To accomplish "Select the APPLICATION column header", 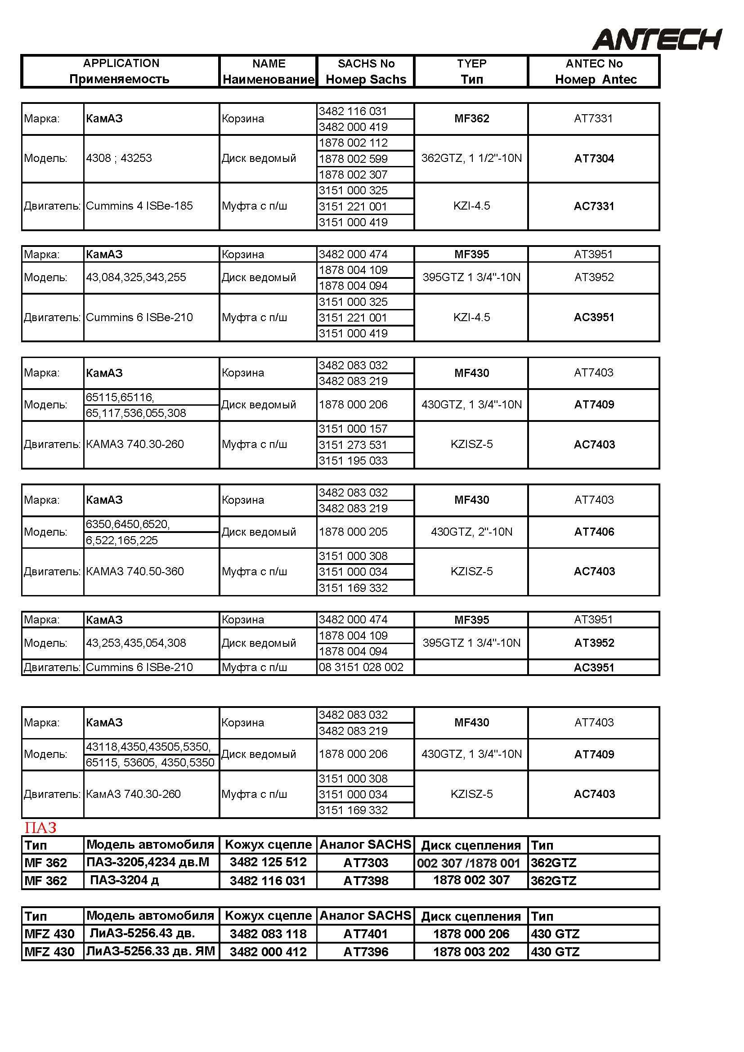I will pos(121,71).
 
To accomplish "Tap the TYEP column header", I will pos(471,71).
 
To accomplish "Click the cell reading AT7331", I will pos(593,119).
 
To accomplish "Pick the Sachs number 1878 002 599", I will pos(353,159).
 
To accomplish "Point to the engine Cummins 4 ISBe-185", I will pos(139,206).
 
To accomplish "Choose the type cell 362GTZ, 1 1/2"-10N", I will pos(471,158).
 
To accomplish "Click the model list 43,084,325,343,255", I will pos(136,278).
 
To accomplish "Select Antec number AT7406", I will pos(594,532).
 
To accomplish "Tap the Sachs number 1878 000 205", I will pos(353,532).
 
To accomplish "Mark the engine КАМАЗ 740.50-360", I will pos(134,572).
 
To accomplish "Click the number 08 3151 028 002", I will pos(361,667).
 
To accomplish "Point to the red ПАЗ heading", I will pos(40,828).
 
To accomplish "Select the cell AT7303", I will pos(366,863).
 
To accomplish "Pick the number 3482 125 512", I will pos(268,862).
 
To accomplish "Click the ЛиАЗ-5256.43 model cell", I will pos(142,933).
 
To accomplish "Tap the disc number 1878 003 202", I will pos(471,952).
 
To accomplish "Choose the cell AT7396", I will pos(366,952).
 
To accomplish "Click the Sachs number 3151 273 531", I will pos(353,445).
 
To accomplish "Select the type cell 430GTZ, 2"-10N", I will pos(471,532).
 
